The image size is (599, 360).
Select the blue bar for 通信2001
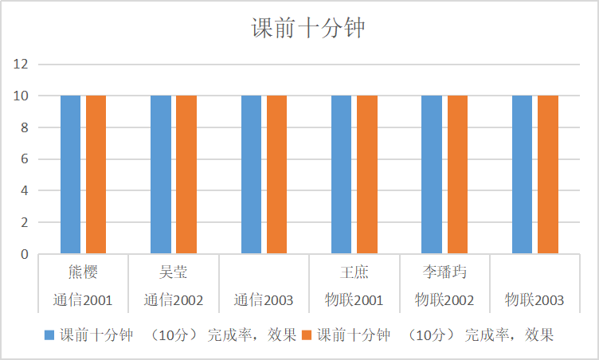pyautogui.click(x=70, y=174)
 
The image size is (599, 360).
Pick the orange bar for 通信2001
pyautogui.click(x=96, y=174)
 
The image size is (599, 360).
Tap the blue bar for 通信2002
pyautogui.click(x=160, y=174)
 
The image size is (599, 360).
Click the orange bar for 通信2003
pyautogui.click(x=276, y=174)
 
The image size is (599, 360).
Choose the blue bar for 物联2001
pyautogui.click(x=341, y=174)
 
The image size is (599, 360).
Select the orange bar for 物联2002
pyautogui.click(x=457, y=174)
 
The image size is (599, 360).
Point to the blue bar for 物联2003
pyautogui.click(x=522, y=174)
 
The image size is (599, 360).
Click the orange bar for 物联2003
pyautogui.click(x=547, y=174)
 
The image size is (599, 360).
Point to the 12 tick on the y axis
pyautogui.click(x=22, y=64)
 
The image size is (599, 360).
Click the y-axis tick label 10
pyautogui.click(x=22, y=96)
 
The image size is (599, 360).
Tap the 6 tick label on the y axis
pyautogui.click(x=25, y=159)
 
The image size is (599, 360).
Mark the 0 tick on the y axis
pyautogui.click(x=25, y=255)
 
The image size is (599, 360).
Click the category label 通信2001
pyautogui.click(x=83, y=301)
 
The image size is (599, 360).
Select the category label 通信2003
pyautogui.click(x=264, y=301)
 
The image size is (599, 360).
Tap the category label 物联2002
pyautogui.click(x=444, y=301)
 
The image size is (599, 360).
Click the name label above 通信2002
pyautogui.click(x=173, y=273)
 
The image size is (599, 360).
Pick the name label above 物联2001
pyautogui.click(x=354, y=273)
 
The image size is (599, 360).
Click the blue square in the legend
pyautogui.click(x=49, y=335)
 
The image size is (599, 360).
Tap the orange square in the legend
pyautogui.click(x=307, y=335)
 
